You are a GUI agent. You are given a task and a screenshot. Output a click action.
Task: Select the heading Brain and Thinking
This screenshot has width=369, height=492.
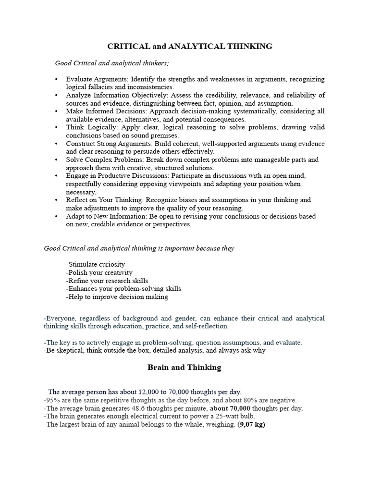point(184,368)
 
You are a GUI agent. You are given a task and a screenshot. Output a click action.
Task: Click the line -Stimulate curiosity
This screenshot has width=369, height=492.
point(96,264)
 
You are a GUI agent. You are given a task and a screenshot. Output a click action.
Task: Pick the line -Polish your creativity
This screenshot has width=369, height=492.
point(99,272)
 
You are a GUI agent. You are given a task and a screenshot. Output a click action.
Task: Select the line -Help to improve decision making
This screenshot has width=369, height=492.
point(117,297)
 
